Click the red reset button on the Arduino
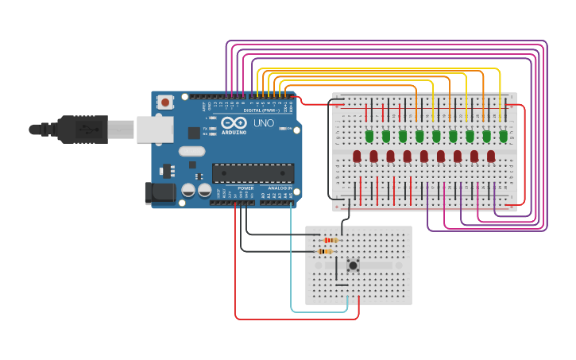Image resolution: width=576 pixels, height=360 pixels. click(165, 102)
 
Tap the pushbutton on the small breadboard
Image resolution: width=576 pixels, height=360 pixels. click(353, 265)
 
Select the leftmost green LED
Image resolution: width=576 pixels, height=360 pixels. click(369, 136)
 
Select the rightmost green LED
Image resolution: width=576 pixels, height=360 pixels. click(503, 136)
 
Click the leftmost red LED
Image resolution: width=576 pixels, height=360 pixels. click(357, 156)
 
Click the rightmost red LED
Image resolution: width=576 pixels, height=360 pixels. click(491, 156)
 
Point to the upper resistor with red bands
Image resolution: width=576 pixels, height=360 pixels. click(330, 240)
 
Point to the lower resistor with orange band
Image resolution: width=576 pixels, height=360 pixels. click(324, 251)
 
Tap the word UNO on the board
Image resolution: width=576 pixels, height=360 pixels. click(263, 123)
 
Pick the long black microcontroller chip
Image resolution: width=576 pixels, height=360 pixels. click(253, 173)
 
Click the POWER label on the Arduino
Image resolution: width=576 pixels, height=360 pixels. click(245, 188)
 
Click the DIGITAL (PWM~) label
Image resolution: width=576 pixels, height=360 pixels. click(263, 110)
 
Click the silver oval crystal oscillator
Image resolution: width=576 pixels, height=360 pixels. click(192, 151)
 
